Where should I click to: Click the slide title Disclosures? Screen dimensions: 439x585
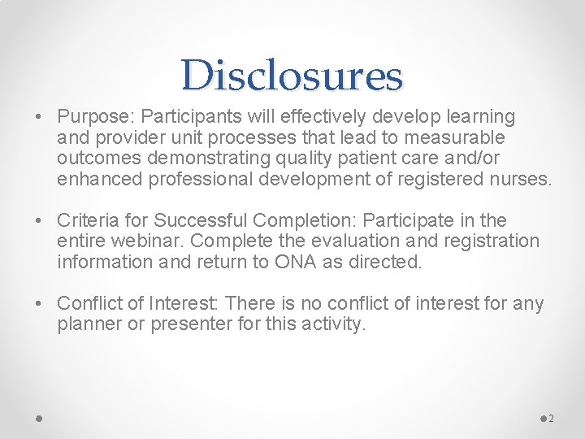tap(292, 76)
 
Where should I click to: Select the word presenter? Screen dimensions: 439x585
tap(182, 324)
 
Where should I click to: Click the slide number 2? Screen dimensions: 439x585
tap(551, 419)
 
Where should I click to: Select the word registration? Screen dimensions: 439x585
tap(493, 241)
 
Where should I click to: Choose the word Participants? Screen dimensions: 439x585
tap(185, 117)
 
